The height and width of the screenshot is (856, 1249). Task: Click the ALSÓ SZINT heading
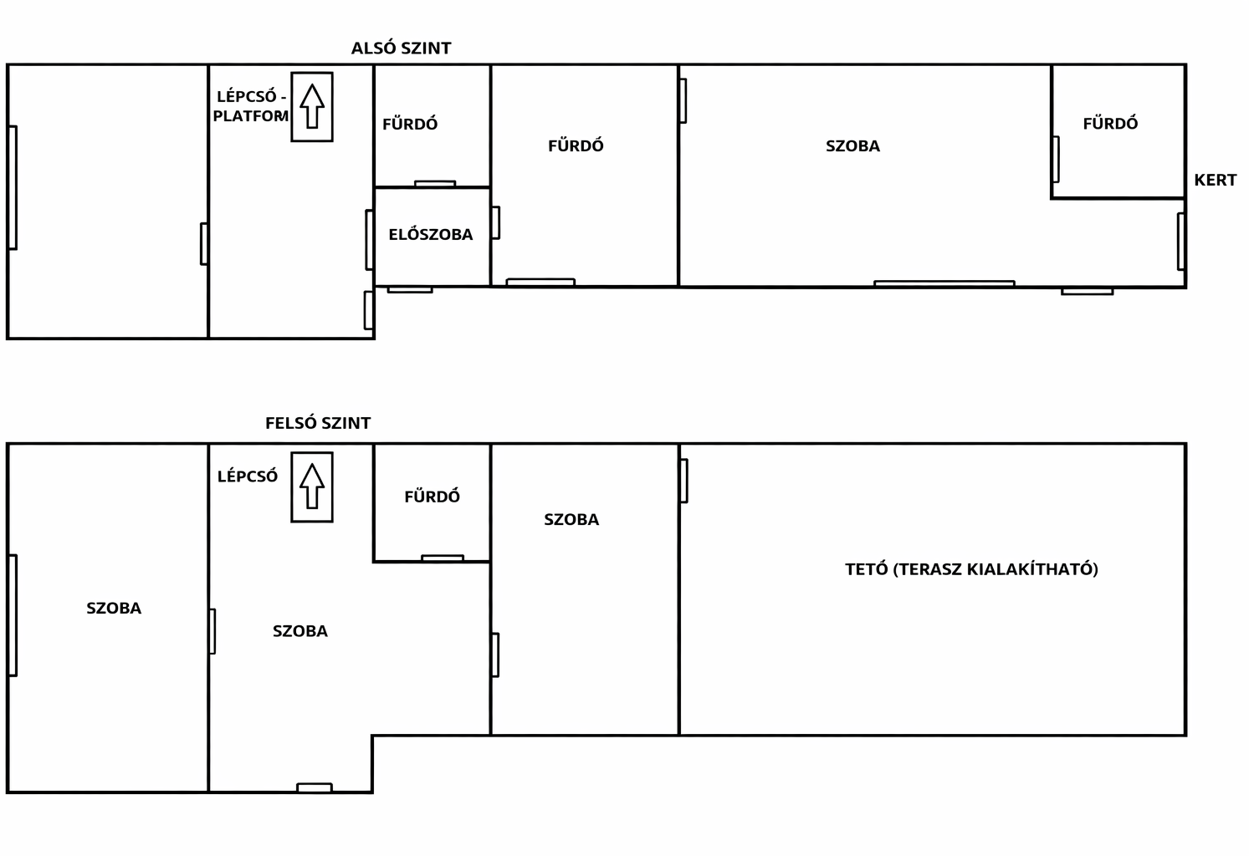pyautogui.click(x=401, y=48)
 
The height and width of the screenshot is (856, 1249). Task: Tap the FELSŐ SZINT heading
pyautogui.click(x=318, y=423)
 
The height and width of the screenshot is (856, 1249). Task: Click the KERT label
pyautogui.click(x=1215, y=180)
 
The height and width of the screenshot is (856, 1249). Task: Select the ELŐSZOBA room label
pyautogui.click(x=431, y=234)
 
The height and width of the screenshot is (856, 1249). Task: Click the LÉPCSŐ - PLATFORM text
pyautogui.click(x=251, y=106)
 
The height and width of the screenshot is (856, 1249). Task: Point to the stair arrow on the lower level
pyautogui.click(x=312, y=106)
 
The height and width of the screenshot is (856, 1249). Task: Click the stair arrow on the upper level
pyautogui.click(x=312, y=486)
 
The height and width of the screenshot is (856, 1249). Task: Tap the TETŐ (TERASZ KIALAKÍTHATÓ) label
pyautogui.click(x=971, y=569)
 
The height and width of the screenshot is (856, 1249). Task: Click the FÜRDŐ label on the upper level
pyautogui.click(x=433, y=496)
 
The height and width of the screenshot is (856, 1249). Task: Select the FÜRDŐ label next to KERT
pyautogui.click(x=1110, y=123)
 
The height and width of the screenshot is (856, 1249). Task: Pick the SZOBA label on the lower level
pyautogui.click(x=852, y=146)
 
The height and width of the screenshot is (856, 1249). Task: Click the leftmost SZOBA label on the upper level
pyautogui.click(x=114, y=608)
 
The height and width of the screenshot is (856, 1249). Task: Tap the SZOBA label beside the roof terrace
pyautogui.click(x=571, y=519)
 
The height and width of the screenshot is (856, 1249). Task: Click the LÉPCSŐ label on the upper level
pyautogui.click(x=247, y=476)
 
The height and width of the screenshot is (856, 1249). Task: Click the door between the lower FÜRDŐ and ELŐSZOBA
pyautogui.click(x=435, y=183)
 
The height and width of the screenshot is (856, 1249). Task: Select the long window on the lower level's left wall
pyautogui.click(x=13, y=188)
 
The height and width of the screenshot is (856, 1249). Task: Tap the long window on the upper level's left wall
pyautogui.click(x=13, y=615)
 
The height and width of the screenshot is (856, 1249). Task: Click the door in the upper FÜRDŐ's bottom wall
pyautogui.click(x=443, y=558)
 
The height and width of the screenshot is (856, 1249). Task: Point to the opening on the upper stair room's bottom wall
pyautogui.click(x=315, y=787)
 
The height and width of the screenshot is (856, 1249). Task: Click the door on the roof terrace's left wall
pyautogui.click(x=683, y=481)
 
